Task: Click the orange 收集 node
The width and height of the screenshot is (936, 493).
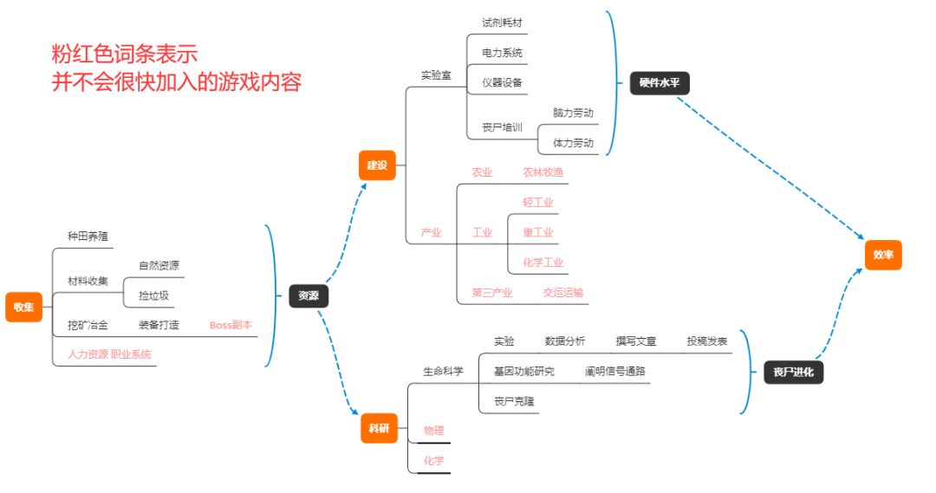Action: (23, 307)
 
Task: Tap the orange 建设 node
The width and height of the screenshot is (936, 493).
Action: (377, 165)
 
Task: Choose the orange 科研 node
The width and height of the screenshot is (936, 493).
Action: (377, 428)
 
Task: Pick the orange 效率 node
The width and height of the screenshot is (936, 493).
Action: (883, 255)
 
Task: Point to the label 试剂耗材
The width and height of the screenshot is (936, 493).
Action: (503, 23)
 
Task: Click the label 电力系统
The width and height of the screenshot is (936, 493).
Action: (503, 53)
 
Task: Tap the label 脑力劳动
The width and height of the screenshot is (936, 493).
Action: (573, 113)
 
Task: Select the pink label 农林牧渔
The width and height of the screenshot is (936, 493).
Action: (543, 172)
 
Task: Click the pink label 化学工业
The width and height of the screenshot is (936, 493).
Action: (543, 263)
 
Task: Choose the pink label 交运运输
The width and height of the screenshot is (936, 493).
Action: (563, 293)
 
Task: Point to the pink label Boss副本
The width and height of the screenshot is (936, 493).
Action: (231, 325)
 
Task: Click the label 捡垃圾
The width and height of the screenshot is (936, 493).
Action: (153, 295)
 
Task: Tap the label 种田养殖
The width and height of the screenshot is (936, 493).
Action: (88, 236)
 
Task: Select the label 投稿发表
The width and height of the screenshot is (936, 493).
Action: (707, 341)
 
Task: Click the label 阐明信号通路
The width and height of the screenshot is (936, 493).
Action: (614, 371)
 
